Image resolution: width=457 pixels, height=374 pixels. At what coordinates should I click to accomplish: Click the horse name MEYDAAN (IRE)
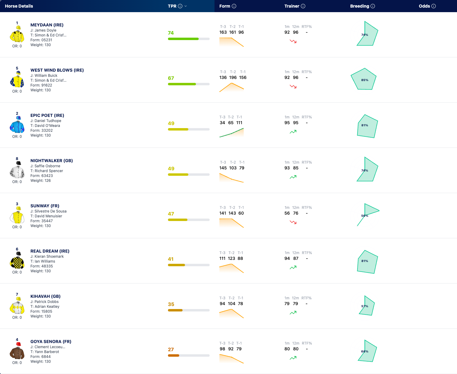[47, 25]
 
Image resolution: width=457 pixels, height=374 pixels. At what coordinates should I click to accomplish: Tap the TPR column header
[172, 6]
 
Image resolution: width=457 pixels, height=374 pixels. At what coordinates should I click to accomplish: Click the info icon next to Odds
[434, 6]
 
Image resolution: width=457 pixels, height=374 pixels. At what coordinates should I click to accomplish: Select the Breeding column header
[360, 6]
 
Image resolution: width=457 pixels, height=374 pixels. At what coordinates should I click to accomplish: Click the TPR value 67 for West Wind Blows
[171, 78]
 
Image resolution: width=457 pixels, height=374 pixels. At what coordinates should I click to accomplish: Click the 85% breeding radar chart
[364, 79]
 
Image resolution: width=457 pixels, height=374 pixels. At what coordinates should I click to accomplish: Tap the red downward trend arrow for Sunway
[293, 222]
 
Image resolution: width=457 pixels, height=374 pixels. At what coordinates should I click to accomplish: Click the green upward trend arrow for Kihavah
[293, 313]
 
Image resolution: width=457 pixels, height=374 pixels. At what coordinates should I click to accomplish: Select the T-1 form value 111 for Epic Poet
[239, 123]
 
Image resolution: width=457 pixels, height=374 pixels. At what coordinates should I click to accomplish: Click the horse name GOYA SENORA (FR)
[51, 342]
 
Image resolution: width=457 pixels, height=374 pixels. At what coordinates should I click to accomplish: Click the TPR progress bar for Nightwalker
[189, 175]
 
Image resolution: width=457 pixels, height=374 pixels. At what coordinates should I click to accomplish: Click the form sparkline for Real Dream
[232, 268]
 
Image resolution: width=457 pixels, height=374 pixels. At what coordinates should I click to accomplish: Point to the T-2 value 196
[233, 78]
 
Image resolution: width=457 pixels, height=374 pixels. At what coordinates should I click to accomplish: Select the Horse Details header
[19, 6]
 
